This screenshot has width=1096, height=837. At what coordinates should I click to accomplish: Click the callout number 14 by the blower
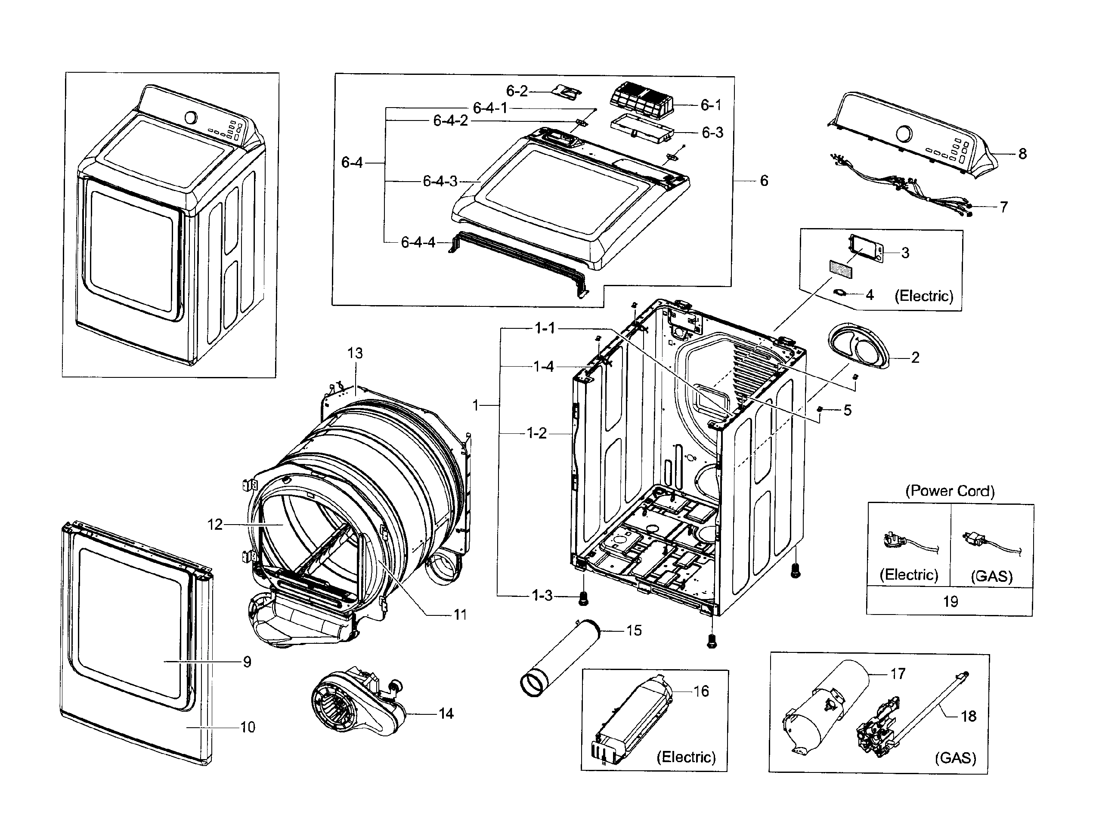coord(446,714)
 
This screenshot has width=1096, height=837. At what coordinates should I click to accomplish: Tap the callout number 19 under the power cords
coord(950,601)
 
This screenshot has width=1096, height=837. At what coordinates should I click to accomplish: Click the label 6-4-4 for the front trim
coord(418,243)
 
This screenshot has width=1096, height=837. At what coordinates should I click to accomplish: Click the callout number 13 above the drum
coord(355,353)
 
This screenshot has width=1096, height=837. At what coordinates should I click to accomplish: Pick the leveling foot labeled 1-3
coord(582,598)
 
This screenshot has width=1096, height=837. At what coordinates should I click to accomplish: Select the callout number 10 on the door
coord(248,727)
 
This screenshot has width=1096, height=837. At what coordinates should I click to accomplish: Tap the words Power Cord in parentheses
coord(950,491)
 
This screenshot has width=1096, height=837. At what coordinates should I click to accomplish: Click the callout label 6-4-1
coord(490,108)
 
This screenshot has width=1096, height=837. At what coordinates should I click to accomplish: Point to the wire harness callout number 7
coord(1003,207)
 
